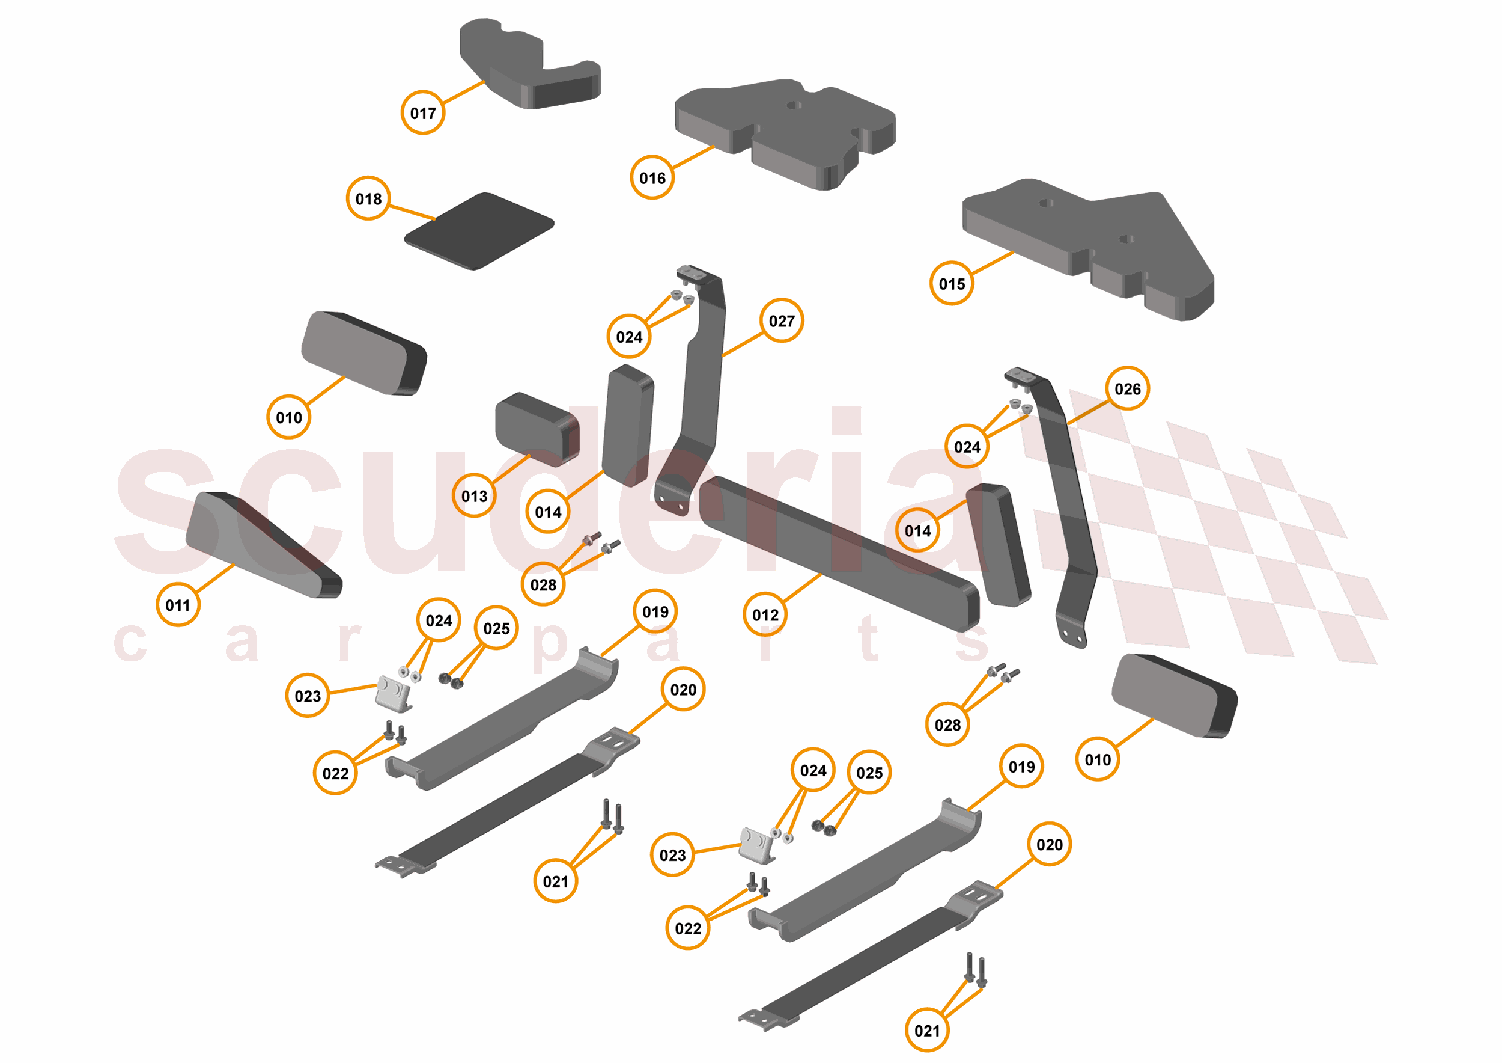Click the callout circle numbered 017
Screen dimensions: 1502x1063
click(x=422, y=112)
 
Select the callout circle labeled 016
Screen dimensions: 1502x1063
click(x=652, y=177)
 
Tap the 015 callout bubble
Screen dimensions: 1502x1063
click(x=952, y=283)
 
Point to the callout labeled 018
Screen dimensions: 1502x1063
click(x=368, y=198)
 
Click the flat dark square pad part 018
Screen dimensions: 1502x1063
click(x=479, y=231)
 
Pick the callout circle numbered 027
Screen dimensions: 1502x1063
click(x=782, y=320)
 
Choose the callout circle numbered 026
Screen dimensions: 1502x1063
click(x=1127, y=389)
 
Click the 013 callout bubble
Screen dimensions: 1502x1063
click(x=474, y=495)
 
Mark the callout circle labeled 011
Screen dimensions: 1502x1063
click(x=178, y=605)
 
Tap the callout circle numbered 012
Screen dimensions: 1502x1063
click(x=765, y=614)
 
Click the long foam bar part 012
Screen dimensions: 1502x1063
click(x=839, y=554)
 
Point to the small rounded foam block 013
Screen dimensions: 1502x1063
click(x=537, y=429)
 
